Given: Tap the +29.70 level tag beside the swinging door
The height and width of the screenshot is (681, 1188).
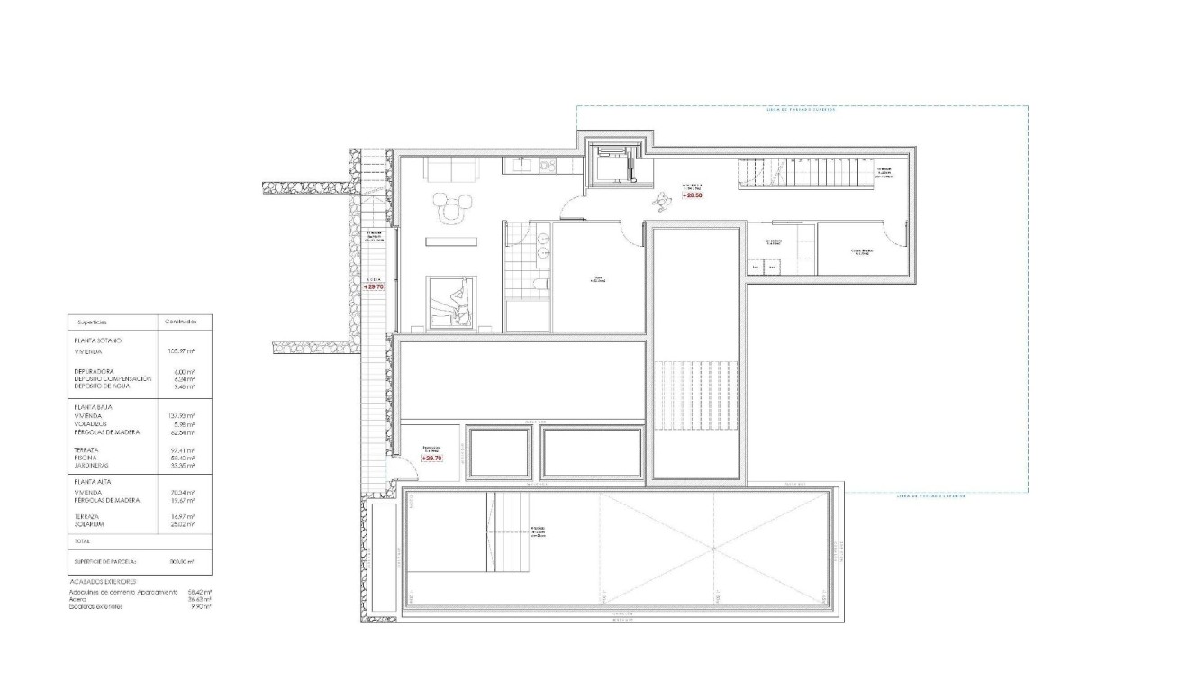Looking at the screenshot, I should coord(432,459).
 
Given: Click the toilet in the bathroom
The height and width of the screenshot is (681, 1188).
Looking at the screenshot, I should coord(539,285).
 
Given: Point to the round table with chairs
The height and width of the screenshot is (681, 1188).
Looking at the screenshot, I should coord(449,208).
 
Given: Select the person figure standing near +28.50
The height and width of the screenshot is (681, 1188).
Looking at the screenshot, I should coord(665,202).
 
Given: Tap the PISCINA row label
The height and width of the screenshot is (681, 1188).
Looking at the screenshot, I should coord(86,457).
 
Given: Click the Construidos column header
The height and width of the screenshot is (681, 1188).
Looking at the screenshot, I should coord(182,321).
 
